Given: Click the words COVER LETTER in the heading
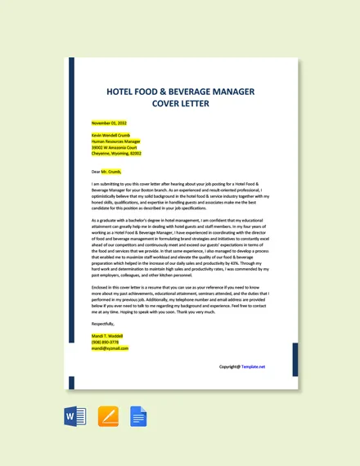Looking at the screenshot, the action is [180, 104].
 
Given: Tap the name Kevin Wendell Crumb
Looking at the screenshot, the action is [110, 135].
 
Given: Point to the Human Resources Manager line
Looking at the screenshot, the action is [116, 141].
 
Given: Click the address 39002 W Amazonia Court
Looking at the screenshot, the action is [115, 147].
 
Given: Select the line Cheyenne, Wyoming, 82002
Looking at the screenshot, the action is [116, 153].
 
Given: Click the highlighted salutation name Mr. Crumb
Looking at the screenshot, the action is [110, 172].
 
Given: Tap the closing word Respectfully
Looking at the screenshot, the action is [104, 324].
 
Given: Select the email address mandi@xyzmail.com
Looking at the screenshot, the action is [110, 348].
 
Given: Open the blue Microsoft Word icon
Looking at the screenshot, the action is [74, 418].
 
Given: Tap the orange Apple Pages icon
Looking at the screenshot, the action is [108, 418].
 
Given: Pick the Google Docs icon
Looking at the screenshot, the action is [138, 418].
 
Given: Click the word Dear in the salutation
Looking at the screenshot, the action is [96, 172].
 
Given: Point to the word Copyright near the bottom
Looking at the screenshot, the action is [229, 367].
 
